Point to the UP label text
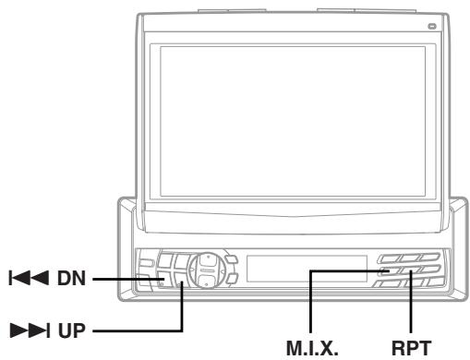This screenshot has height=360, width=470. click(x=70, y=328)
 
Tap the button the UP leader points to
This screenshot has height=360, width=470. click(x=183, y=288)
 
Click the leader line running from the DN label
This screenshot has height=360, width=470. click(x=125, y=279)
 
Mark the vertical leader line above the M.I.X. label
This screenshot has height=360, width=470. click(x=312, y=305)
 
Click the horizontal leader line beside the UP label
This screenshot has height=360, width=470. click(x=139, y=328)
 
